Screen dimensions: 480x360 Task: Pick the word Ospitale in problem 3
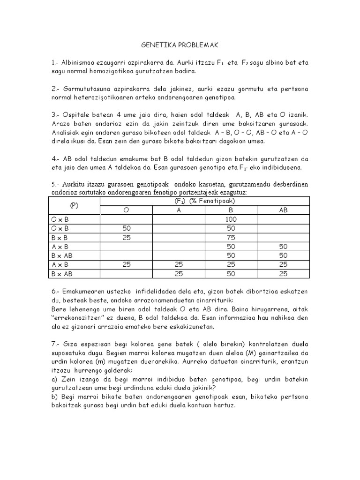80,115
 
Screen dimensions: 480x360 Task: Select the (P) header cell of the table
75,206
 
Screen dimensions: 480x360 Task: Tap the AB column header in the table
283,210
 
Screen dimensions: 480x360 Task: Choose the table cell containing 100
231,219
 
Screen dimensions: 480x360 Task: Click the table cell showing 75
231,238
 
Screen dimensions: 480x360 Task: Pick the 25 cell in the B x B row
126,238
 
